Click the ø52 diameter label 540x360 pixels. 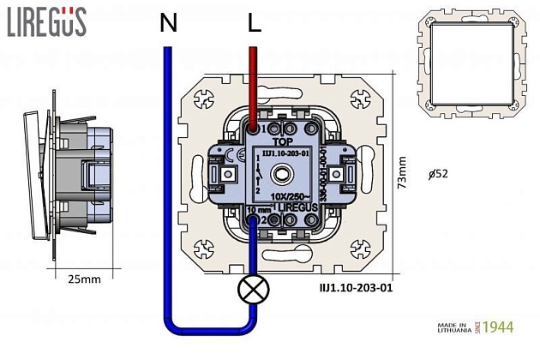(438, 173)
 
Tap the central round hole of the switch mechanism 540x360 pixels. (284, 175)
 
